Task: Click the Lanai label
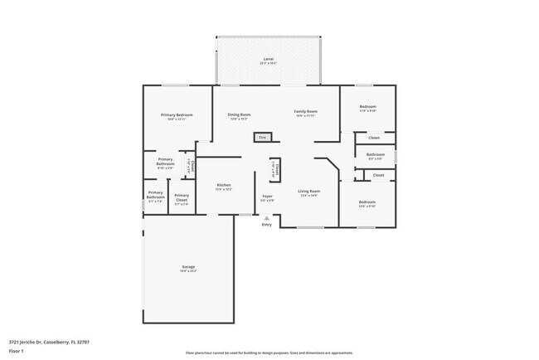click(x=268, y=59)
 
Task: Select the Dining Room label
click(x=240, y=114)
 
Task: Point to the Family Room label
click(x=306, y=111)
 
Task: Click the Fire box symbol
click(x=263, y=137)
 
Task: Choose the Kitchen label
click(x=224, y=185)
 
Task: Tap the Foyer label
click(x=267, y=197)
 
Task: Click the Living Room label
click(x=309, y=192)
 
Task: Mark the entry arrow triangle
click(x=266, y=218)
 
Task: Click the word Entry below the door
click(x=266, y=225)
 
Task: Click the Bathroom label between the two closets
click(x=375, y=153)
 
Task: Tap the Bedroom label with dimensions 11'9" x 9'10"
click(x=367, y=106)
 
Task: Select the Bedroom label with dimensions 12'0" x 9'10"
click(x=367, y=202)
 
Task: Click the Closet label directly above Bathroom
click(x=374, y=138)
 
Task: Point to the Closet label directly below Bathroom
click(x=378, y=175)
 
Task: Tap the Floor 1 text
click(x=17, y=351)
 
